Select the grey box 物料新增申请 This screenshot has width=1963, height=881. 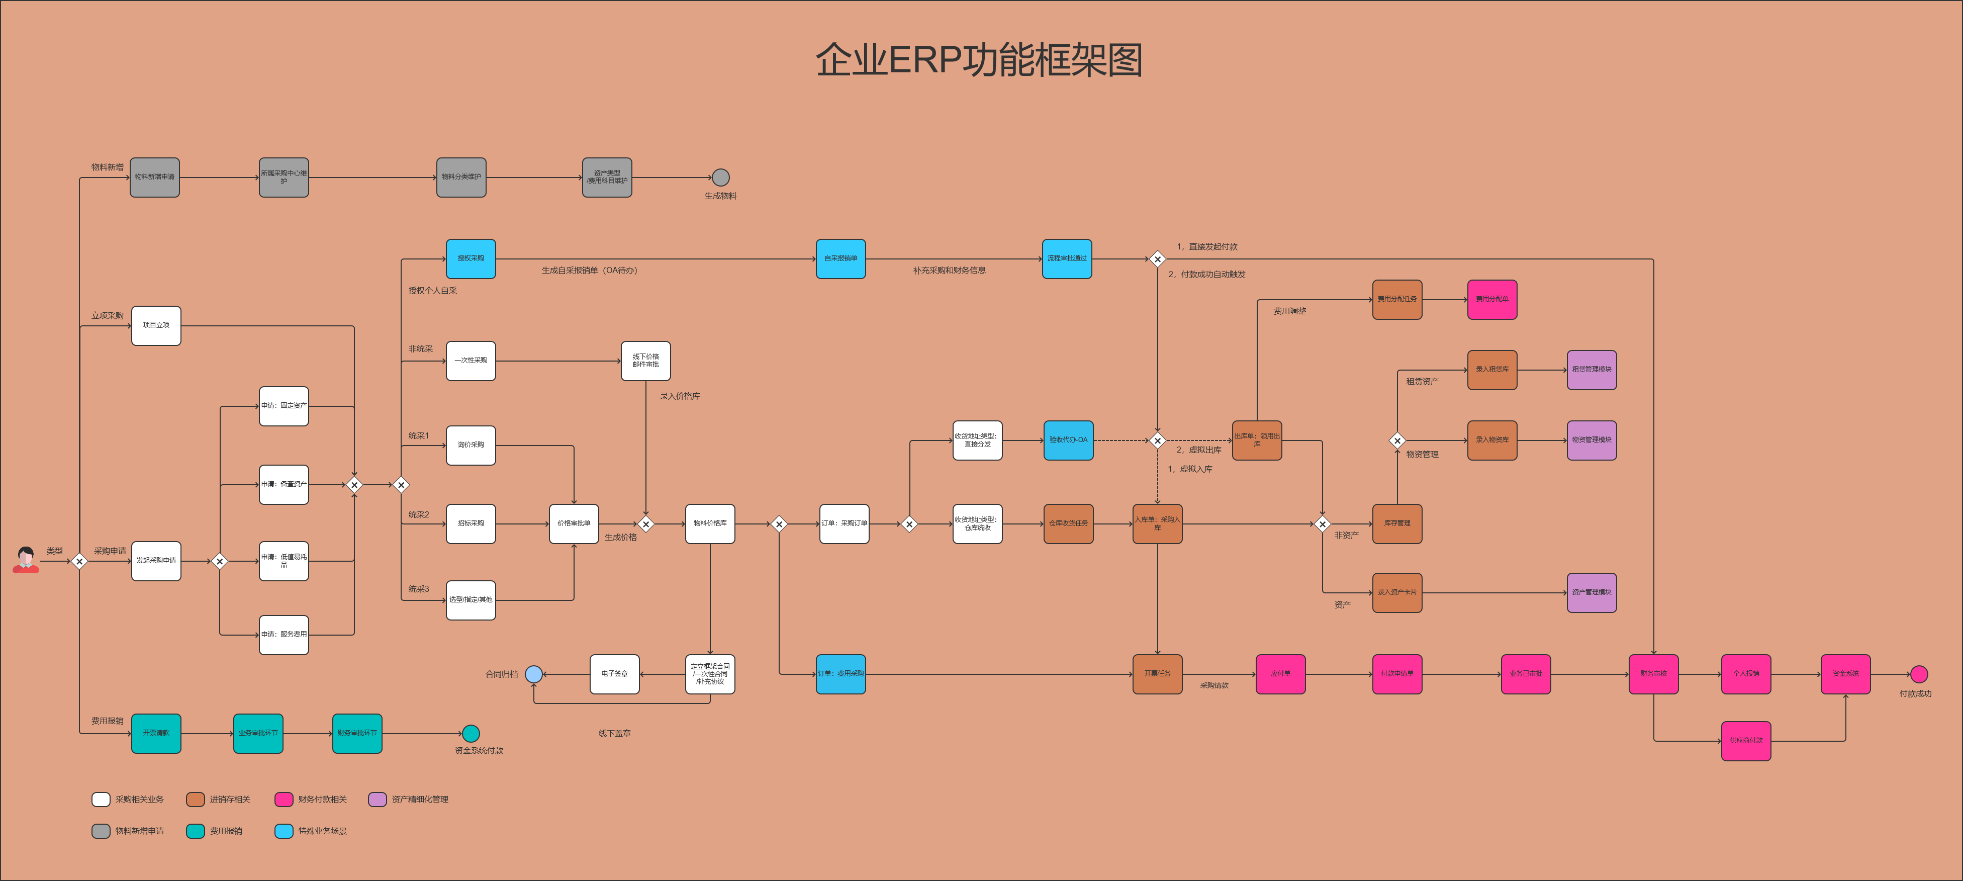[x=155, y=178]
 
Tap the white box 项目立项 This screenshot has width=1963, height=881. [x=156, y=325]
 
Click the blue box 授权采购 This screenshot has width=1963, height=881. [x=470, y=258]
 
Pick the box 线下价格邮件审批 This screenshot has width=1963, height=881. [x=645, y=361]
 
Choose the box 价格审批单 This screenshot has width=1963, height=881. [x=573, y=523]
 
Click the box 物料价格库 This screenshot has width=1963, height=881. [x=709, y=523]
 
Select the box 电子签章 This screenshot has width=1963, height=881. [x=614, y=674]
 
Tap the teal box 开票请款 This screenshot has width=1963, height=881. [x=156, y=733]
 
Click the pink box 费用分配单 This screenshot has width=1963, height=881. [x=1491, y=299]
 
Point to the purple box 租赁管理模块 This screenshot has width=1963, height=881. [x=1591, y=370]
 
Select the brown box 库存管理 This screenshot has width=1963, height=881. [x=1397, y=523]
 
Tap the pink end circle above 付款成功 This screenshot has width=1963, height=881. [x=1919, y=674]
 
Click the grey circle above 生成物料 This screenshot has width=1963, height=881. [x=720, y=178]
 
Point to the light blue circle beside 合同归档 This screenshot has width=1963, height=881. [x=534, y=674]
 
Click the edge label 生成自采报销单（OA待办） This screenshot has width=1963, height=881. [x=589, y=271]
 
